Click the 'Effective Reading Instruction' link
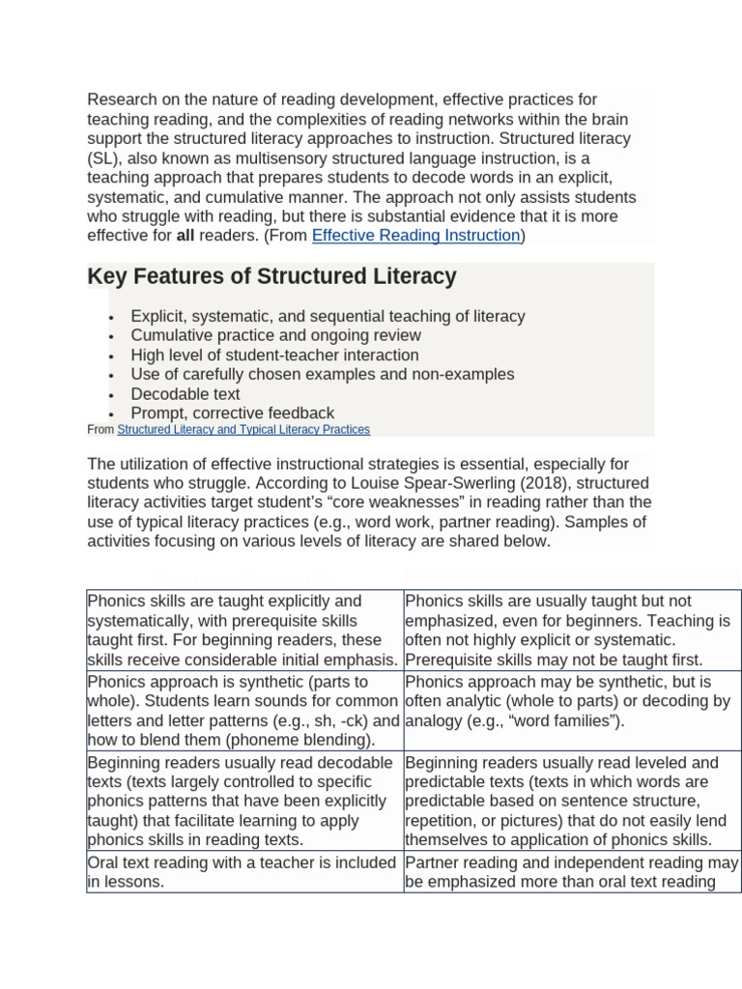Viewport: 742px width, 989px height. pos(415,236)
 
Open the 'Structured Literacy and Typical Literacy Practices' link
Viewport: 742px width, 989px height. pos(243,430)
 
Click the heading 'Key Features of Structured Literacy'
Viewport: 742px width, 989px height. pos(271,277)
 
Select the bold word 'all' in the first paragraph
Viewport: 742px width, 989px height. pos(185,236)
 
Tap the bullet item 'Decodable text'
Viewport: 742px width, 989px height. pos(185,394)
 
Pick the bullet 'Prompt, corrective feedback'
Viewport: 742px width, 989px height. pos(232,413)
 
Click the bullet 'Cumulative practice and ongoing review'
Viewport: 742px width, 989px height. pos(275,335)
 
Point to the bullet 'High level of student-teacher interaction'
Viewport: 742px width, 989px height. pos(274,355)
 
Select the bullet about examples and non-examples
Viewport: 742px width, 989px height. pos(322,375)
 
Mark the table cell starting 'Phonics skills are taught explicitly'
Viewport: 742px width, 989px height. pos(244,630)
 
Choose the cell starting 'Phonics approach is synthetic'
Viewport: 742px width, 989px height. pos(244,711)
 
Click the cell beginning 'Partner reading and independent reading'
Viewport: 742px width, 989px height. pos(572,871)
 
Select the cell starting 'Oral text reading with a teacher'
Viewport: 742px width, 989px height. pos(244,871)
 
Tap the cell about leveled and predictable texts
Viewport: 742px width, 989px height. pos(572,801)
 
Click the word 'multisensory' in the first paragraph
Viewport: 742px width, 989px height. pos(256,158)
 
